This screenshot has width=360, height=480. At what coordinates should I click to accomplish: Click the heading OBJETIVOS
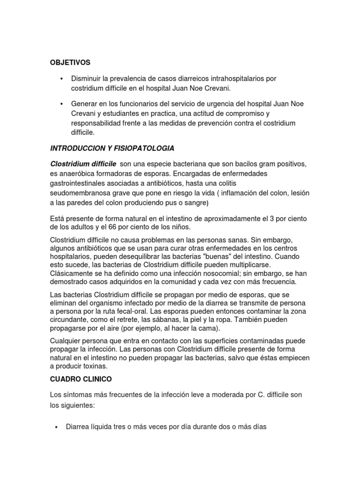(x=70, y=62)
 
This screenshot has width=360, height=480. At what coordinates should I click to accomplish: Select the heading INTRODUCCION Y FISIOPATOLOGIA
(x=112, y=149)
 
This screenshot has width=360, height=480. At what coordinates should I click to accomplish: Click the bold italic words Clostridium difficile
(x=83, y=163)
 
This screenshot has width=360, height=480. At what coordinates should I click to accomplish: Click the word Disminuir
(x=87, y=78)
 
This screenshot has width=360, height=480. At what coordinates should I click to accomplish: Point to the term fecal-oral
(x=136, y=311)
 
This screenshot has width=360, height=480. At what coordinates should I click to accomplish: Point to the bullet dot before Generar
(x=62, y=104)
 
